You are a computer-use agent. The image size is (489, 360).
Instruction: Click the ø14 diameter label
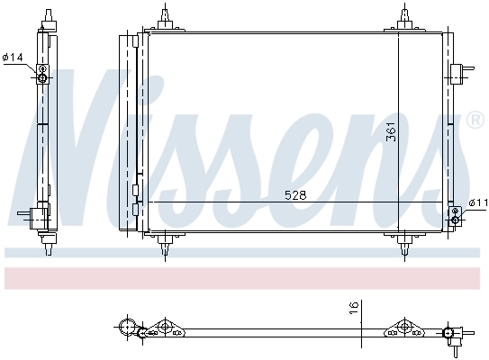(13, 58)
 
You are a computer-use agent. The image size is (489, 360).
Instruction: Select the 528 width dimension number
(295, 194)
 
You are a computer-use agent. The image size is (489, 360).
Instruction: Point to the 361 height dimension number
(391, 132)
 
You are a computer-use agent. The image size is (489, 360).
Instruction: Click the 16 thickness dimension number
(355, 308)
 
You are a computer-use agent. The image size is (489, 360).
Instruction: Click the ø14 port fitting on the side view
(41, 77)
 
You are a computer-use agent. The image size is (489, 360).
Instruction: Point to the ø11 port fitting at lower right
(455, 215)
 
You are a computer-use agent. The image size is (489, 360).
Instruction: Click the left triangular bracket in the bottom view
(164, 328)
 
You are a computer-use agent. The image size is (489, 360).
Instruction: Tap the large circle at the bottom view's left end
(127, 326)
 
